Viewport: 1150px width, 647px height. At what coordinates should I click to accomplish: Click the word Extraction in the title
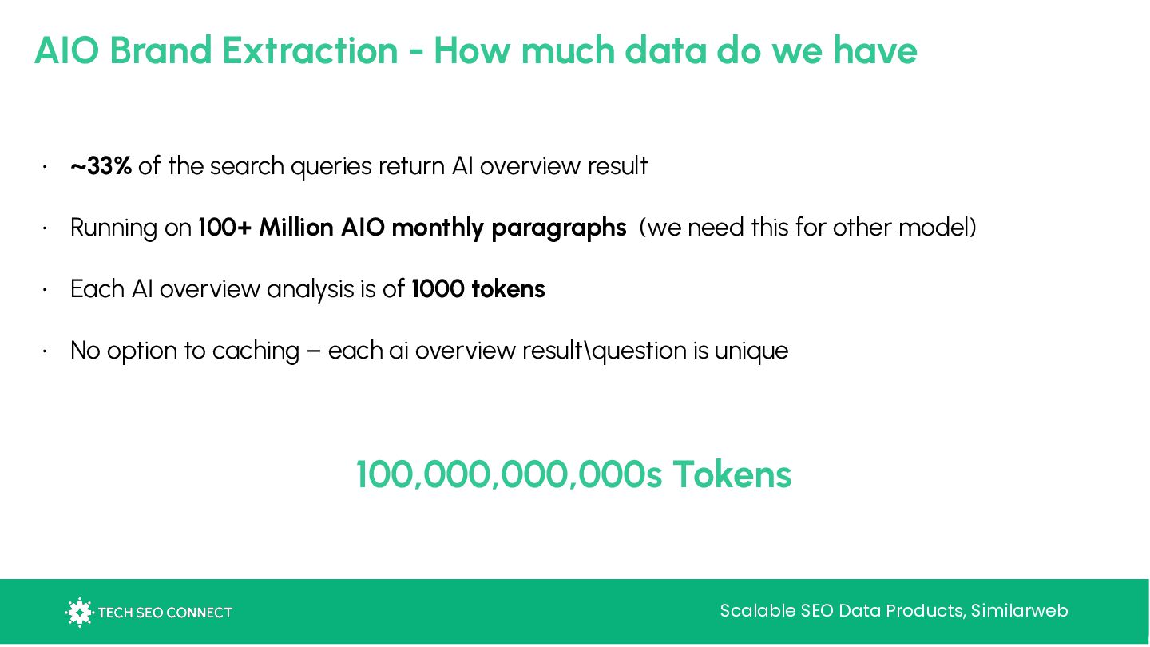pos(310,50)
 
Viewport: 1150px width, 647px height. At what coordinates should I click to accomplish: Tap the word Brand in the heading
pos(161,50)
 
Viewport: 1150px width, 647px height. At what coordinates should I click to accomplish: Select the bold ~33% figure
pos(101,166)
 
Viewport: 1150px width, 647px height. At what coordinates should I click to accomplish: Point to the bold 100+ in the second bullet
pos(225,228)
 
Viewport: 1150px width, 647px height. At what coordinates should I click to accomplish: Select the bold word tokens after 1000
pos(508,289)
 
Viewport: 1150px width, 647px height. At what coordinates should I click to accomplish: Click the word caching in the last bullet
pos(256,351)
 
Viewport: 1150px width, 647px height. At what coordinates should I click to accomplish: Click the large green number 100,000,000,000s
pos(510,474)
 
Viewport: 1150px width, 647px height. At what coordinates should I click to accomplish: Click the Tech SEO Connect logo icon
pos(79,612)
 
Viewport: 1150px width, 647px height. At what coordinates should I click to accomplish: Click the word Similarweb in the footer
pos(1020,611)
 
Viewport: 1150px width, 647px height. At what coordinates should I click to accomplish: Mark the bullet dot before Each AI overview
pos(46,290)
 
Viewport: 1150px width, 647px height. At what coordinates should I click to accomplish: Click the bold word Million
pos(296,228)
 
